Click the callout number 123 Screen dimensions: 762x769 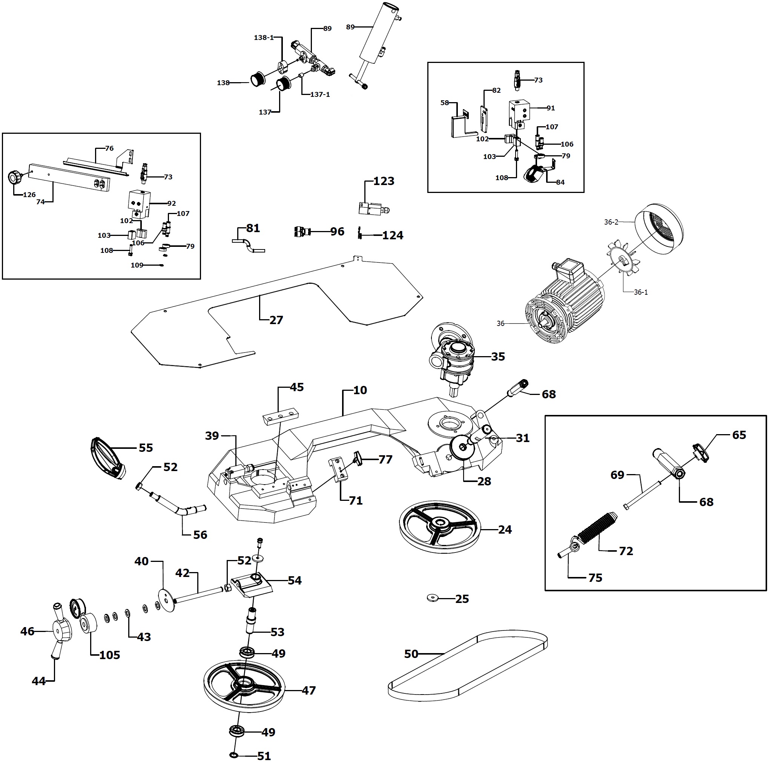(384, 181)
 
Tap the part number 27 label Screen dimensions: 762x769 (276, 320)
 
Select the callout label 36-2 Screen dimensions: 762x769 (611, 222)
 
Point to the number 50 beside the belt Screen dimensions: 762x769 (411, 654)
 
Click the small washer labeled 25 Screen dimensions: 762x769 (432, 597)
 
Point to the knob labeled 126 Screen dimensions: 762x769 (15, 177)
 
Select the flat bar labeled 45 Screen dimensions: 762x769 (281, 416)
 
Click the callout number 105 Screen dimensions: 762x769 (109, 655)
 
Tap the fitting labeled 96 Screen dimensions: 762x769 (301, 231)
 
